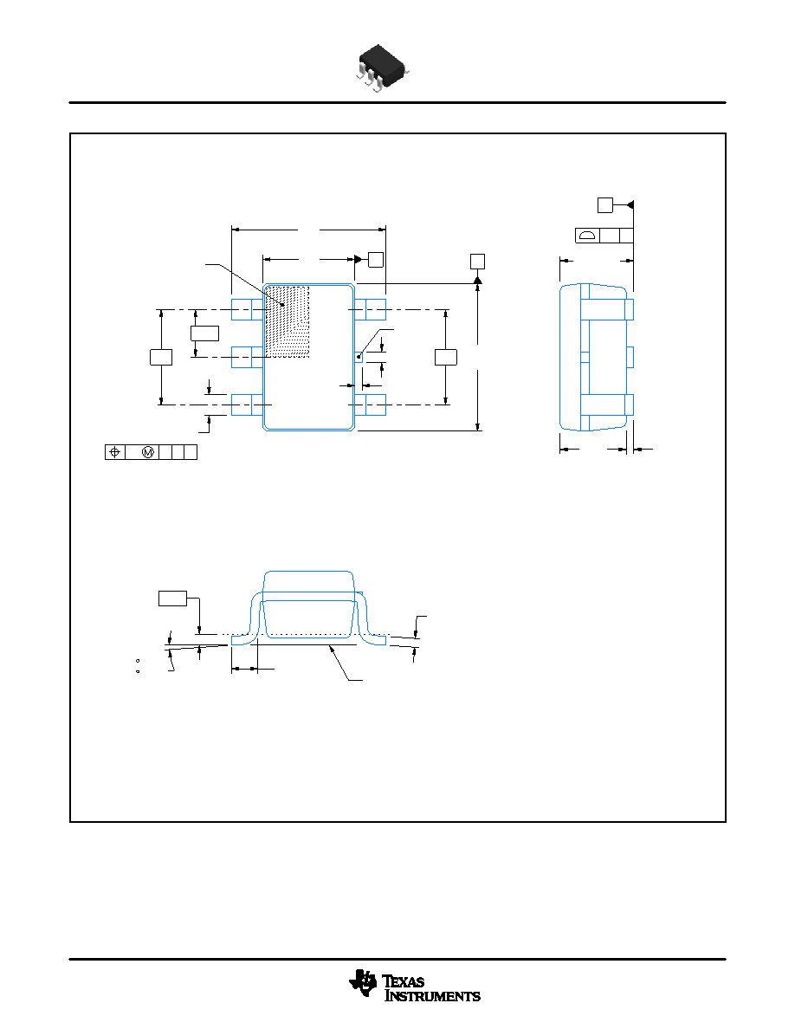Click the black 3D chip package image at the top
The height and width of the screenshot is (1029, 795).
383,68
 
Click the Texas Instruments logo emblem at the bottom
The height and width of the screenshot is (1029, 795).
364,983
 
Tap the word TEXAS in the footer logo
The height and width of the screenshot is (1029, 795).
403,981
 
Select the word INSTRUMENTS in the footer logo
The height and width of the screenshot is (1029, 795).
432,996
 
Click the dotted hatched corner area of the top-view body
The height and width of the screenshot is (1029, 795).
287,321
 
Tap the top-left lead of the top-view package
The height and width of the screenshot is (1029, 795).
248,310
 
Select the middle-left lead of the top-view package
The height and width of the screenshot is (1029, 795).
248,357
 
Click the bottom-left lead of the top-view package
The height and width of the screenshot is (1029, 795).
248,404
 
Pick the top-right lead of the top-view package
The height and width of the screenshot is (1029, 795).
370,310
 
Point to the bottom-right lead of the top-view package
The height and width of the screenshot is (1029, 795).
370,404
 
